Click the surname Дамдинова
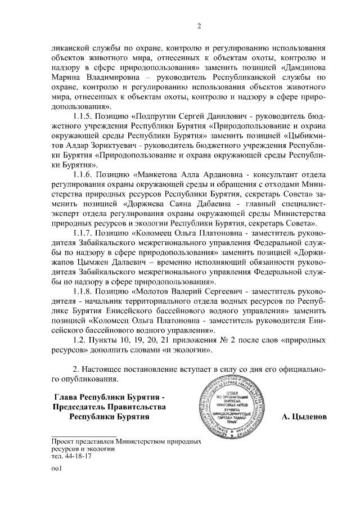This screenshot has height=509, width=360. click(x=302, y=69)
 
